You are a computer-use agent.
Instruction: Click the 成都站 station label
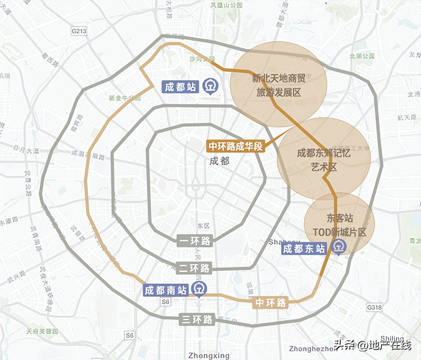[180, 87]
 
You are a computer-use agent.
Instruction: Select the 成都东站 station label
[304, 249]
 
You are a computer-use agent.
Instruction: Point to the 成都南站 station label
[166, 291]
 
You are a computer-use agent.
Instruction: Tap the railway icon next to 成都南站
[198, 289]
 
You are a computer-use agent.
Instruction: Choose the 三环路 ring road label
[197, 319]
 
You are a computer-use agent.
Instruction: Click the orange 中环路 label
[271, 303]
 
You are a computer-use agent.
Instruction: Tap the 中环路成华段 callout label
[236, 146]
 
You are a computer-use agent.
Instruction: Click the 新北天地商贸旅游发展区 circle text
[279, 85]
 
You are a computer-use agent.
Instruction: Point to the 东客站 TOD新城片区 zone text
[339, 225]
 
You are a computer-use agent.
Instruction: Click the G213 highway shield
[79, 31]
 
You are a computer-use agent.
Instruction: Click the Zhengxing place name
[209, 356]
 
